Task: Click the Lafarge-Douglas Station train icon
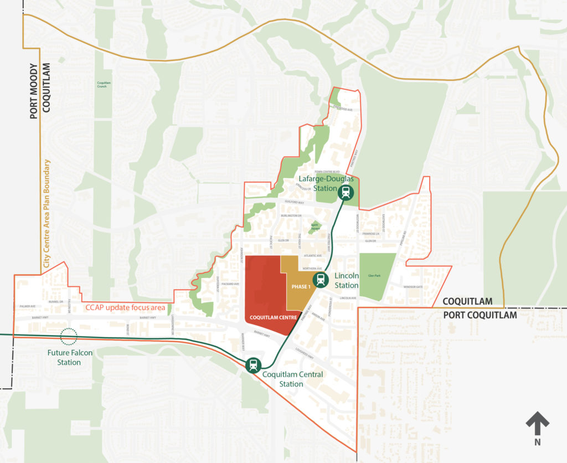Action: point(346,193)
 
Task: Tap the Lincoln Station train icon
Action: point(320,280)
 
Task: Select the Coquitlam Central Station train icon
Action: point(254,365)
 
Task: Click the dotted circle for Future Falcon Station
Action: point(69,336)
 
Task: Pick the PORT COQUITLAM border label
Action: point(480,315)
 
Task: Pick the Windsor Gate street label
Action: point(413,287)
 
